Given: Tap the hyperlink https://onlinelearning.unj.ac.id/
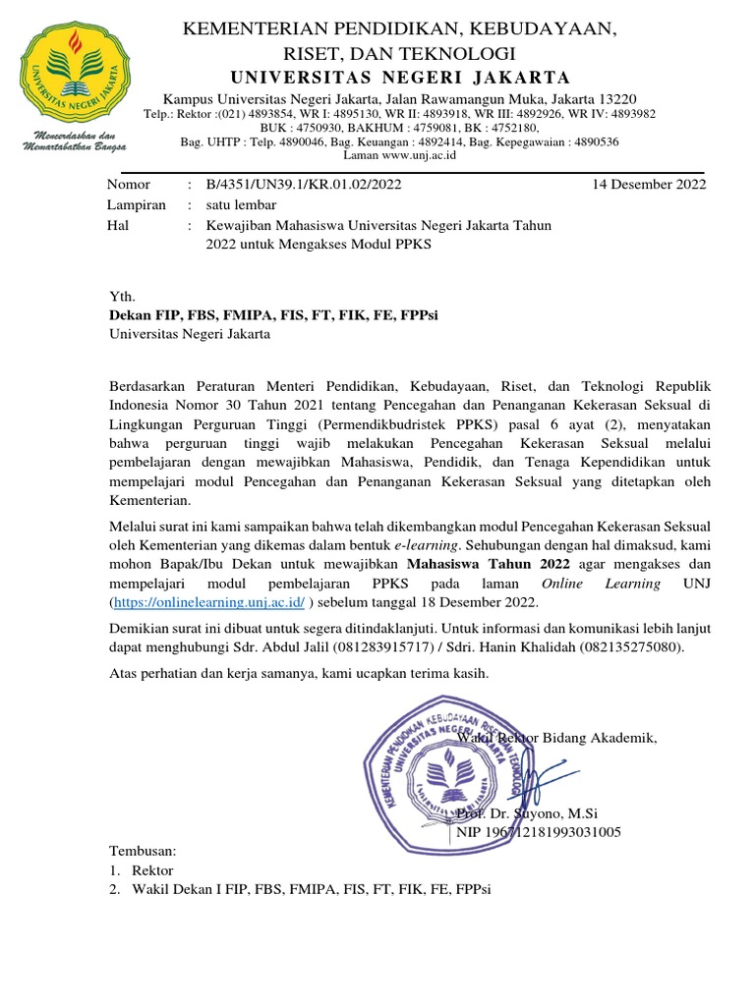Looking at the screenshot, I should (209, 602).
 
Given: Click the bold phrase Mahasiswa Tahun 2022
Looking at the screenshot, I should (472, 564).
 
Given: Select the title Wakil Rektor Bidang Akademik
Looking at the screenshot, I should (556, 738).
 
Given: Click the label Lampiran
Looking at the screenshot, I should (136, 204).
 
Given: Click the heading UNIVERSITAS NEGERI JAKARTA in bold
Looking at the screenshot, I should (399, 78).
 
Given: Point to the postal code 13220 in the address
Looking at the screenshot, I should (616, 99).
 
